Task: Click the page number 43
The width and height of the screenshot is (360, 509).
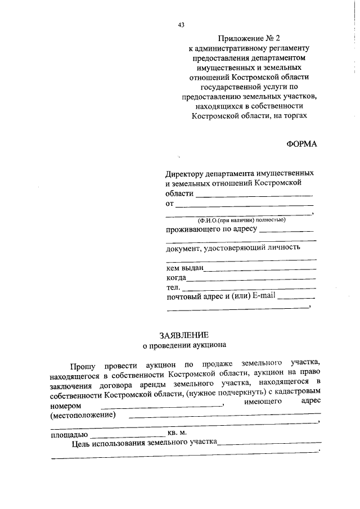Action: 181,25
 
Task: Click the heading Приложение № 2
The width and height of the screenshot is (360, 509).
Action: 250,39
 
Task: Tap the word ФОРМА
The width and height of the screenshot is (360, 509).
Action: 301,143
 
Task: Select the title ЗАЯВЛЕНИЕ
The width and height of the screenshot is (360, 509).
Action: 184,335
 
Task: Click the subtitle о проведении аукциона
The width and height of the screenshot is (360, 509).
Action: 184,345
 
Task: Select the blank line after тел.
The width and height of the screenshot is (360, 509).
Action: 248,289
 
